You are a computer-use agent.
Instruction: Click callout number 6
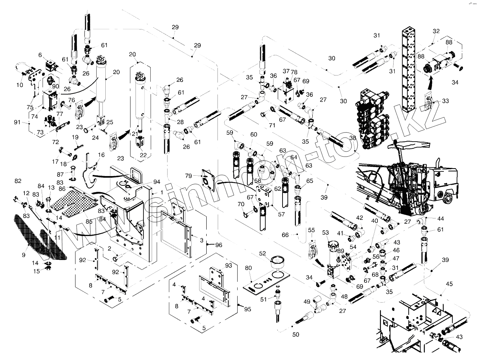point(40,55)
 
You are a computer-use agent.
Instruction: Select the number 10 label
point(19,85)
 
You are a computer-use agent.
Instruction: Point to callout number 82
point(18,180)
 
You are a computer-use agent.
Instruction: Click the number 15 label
point(37,271)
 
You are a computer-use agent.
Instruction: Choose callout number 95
point(247,309)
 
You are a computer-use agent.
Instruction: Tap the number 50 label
point(295,334)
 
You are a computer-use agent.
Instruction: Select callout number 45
point(449,284)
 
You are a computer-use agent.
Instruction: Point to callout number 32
point(436,31)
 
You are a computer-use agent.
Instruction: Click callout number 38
point(353,138)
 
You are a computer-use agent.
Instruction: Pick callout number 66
point(285,235)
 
